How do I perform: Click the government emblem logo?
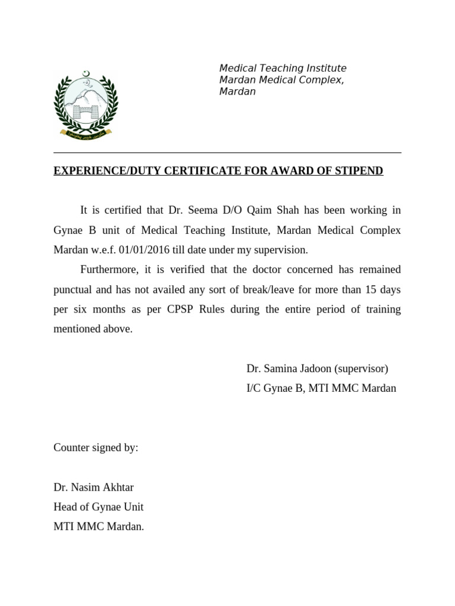[86, 105]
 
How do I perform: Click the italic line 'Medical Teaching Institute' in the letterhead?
[283, 69]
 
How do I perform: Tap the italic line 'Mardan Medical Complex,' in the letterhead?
[281, 80]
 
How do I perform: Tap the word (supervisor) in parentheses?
[361, 369]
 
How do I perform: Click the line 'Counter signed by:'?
[95, 448]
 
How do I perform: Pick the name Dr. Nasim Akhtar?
[94, 488]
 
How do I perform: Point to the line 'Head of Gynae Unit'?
[98, 507]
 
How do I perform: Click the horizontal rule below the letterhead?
[227, 153]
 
